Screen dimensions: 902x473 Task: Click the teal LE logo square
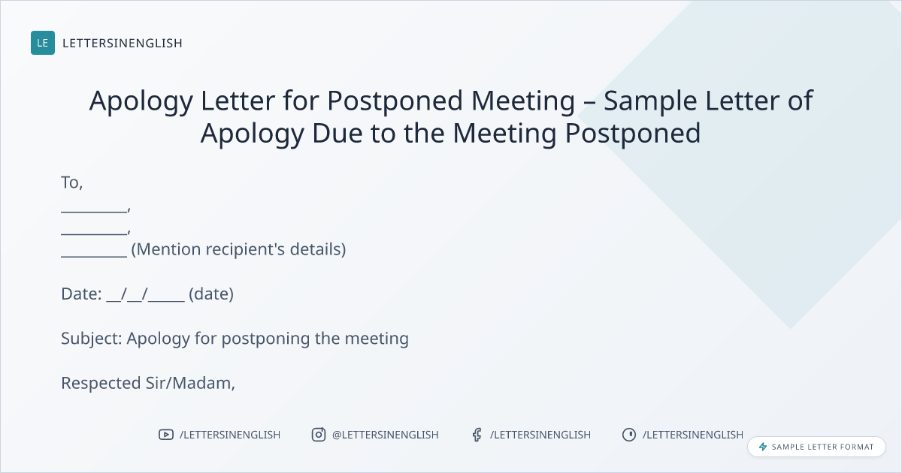pyautogui.click(x=43, y=43)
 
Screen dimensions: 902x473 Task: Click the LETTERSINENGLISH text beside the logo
pyautogui.click(x=123, y=43)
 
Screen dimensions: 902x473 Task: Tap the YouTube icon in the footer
pyautogui.click(x=166, y=435)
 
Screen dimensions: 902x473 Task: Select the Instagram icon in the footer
pyautogui.click(x=319, y=435)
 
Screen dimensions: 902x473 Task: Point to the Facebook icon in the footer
pyautogui.click(x=477, y=435)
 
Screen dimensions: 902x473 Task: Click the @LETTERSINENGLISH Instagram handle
pyautogui.click(x=385, y=435)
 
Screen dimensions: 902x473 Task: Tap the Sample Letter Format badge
pyautogui.click(x=816, y=447)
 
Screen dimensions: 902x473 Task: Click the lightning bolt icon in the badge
pyautogui.click(x=763, y=447)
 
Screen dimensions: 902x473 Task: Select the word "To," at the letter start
pyautogui.click(x=71, y=182)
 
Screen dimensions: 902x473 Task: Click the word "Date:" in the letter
pyautogui.click(x=81, y=294)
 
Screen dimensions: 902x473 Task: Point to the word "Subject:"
pyautogui.click(x=92, y=339)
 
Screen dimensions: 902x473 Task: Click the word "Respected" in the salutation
pyautogui.click(x=101, y=384)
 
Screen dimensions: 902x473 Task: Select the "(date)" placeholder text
pyautogui.click(x=211, y=294)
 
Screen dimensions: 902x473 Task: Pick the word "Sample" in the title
pyautogui.click(x=650, y=101)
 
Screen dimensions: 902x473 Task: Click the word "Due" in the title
pyautogui.click(x=337, y=133)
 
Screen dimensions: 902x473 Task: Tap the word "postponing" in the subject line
pyautogui.click(x=266, y=339)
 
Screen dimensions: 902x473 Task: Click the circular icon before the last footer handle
pyautogui.click(x=629, y=435)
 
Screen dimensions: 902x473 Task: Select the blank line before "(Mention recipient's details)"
pyautogui.click(x=94, y=256)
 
